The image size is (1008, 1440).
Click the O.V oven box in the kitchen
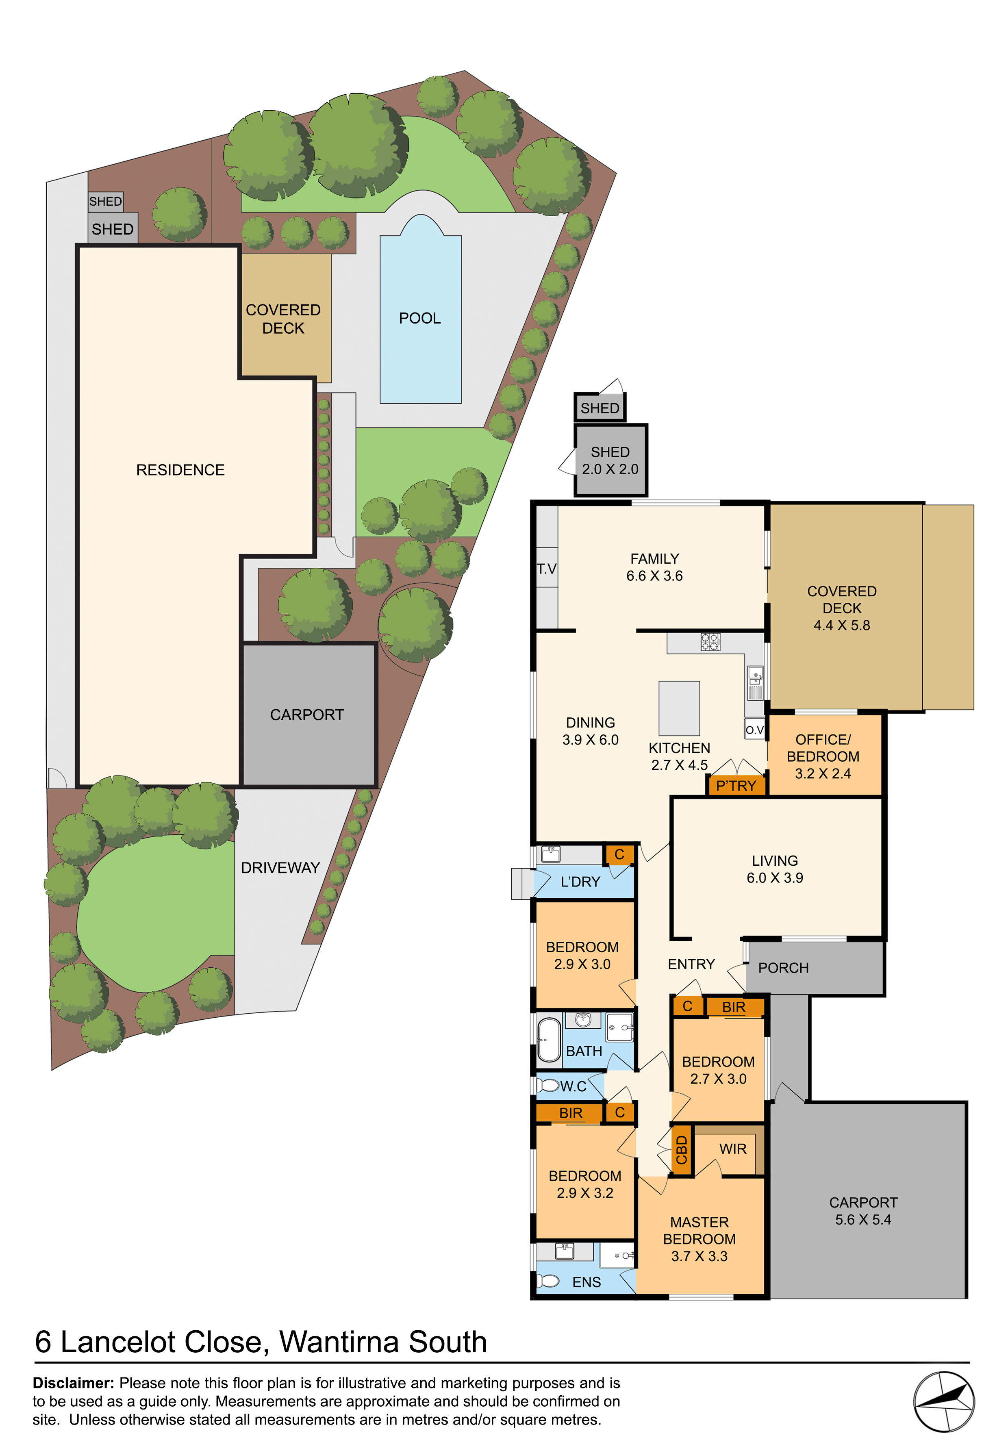coord(755,730)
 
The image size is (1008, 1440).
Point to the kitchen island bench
coord(679,708)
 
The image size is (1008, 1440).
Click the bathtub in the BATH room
coord(550,1039)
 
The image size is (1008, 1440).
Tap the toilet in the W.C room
coord(547,1086)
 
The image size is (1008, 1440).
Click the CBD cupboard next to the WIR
coord(681,1150)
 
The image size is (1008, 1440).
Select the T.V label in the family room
coord(546,569)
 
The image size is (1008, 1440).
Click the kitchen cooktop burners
coord(710,642)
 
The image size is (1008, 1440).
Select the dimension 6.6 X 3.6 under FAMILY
coord(654,576)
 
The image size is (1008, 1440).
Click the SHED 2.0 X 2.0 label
coord(610,460)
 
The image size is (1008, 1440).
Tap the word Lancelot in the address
coord(161,1342)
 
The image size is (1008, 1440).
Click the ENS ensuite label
coord(587,1282)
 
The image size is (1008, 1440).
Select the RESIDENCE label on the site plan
coord(180,470)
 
